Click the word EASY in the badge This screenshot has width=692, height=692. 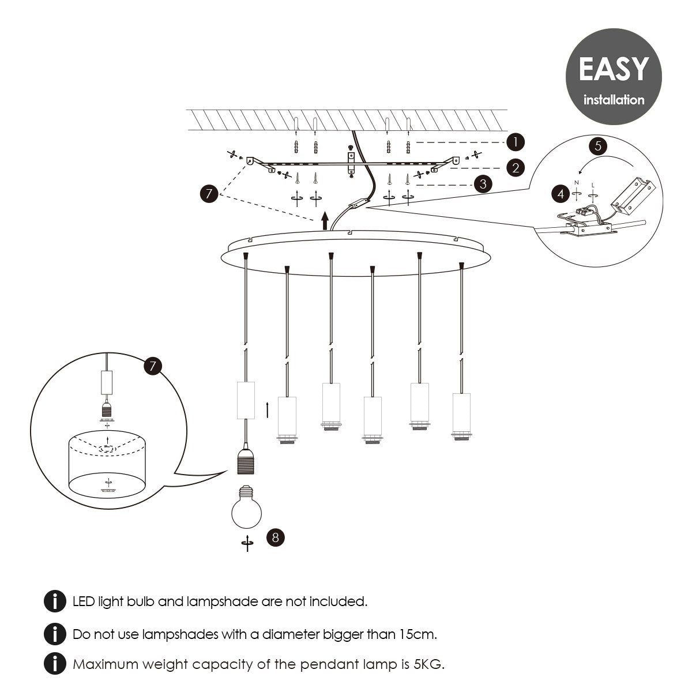pyautogui.click(x=613, y=69)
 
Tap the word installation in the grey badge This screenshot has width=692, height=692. pyautogui.click(x=614, y=100)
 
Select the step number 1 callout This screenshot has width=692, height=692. pyautogui.click(x=515, y=142)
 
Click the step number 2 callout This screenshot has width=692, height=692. pyautogui.click(x=515, y=168)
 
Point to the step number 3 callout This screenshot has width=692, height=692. pyautogui.click(x=482, y=185)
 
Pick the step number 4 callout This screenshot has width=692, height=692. pyautogui.click(x=561, y=194)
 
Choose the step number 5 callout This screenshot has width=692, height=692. pyautogui.click(x=597, y=146)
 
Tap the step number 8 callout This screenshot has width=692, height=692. pyautogui.click(x=275, y=537)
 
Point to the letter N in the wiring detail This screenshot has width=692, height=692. pyautogui.click(x=576, y=182)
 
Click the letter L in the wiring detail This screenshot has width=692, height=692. pyautogui.click(x=592, y=185)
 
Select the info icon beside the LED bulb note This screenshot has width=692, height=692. pyautogui.click(x=54, y=601)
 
